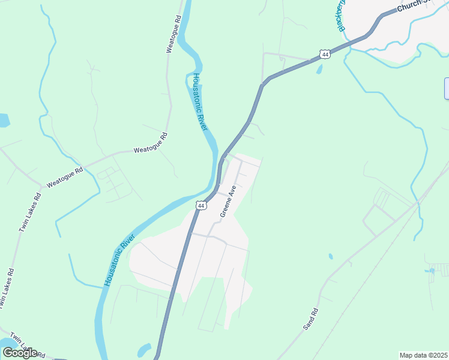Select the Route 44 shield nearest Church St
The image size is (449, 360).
click(325, 54)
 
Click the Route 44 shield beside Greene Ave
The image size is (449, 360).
click(201, 205)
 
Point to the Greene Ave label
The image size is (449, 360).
click(228, 201)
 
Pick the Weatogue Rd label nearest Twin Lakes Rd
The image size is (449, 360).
click(65, 178)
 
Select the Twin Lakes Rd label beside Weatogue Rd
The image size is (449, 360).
click(29, 212)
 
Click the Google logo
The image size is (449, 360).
click(20, 352)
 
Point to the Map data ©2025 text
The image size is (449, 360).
click(424, 355)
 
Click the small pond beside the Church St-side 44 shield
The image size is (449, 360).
click(319, 69)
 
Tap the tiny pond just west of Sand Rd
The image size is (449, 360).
click(331, 256)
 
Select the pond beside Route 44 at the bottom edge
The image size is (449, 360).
click(144, 350)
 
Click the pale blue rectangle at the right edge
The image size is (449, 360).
click(447, 88)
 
